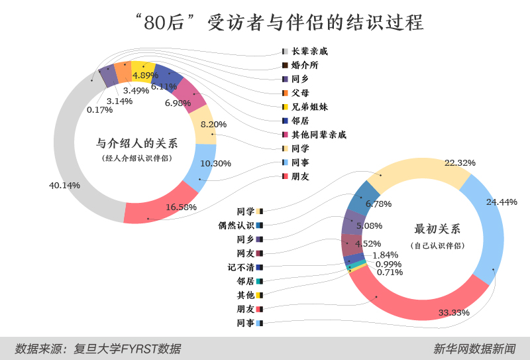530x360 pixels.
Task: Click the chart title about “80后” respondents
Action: pyautogui.click(x=265, y=23)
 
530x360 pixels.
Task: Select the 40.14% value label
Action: pyautogui.click(x=64, y=185)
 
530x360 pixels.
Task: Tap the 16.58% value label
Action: pyautogui.click(x=182, y=207)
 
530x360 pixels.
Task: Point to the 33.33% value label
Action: pyautogui.click(x=454, y=312)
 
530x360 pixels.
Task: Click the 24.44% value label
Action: pyautogui.click(x=502, y=202)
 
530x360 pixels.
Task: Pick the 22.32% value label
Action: pyautogui.click(x=460, y=162)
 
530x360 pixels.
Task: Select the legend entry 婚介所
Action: pyautogui.click(x=305, y=65)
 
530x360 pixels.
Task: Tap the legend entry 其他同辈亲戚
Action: pyautogui.click(x=319, y=135)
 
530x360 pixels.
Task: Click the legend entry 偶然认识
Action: pyautogui.click(x=237, y=225)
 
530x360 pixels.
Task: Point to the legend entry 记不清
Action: pyautogui.click(x=241, y=267)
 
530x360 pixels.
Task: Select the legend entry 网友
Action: pyautogui.click(x=246, y=253)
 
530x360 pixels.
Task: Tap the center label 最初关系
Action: pyautogui.click(x=437, y=229)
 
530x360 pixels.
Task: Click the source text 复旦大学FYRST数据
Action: pyautogui.click(x=126, y=348)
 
